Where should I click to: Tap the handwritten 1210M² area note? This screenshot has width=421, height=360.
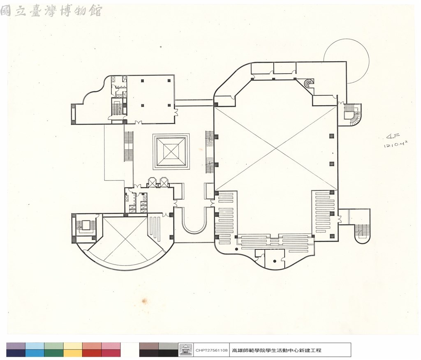point(396,145)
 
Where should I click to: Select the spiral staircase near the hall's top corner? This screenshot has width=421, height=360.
point(309,83)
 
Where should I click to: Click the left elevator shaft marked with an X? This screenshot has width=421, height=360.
point(153,182)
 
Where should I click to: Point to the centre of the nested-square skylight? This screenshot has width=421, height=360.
point(171,152)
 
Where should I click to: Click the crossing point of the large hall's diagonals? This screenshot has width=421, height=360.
point(275,148)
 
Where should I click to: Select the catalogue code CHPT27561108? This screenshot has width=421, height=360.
point(211,350)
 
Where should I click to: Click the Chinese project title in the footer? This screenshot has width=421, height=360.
point(276,350)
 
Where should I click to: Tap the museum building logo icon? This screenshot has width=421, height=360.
point(185,350)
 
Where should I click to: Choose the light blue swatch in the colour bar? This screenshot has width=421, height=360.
point(35,346)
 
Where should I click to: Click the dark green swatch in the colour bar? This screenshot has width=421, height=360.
point(54,353)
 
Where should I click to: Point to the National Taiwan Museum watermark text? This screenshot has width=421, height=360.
point(51,11)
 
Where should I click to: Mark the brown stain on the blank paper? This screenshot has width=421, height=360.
point(144,300)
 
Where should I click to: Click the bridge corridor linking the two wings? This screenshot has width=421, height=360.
point(194,103)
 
